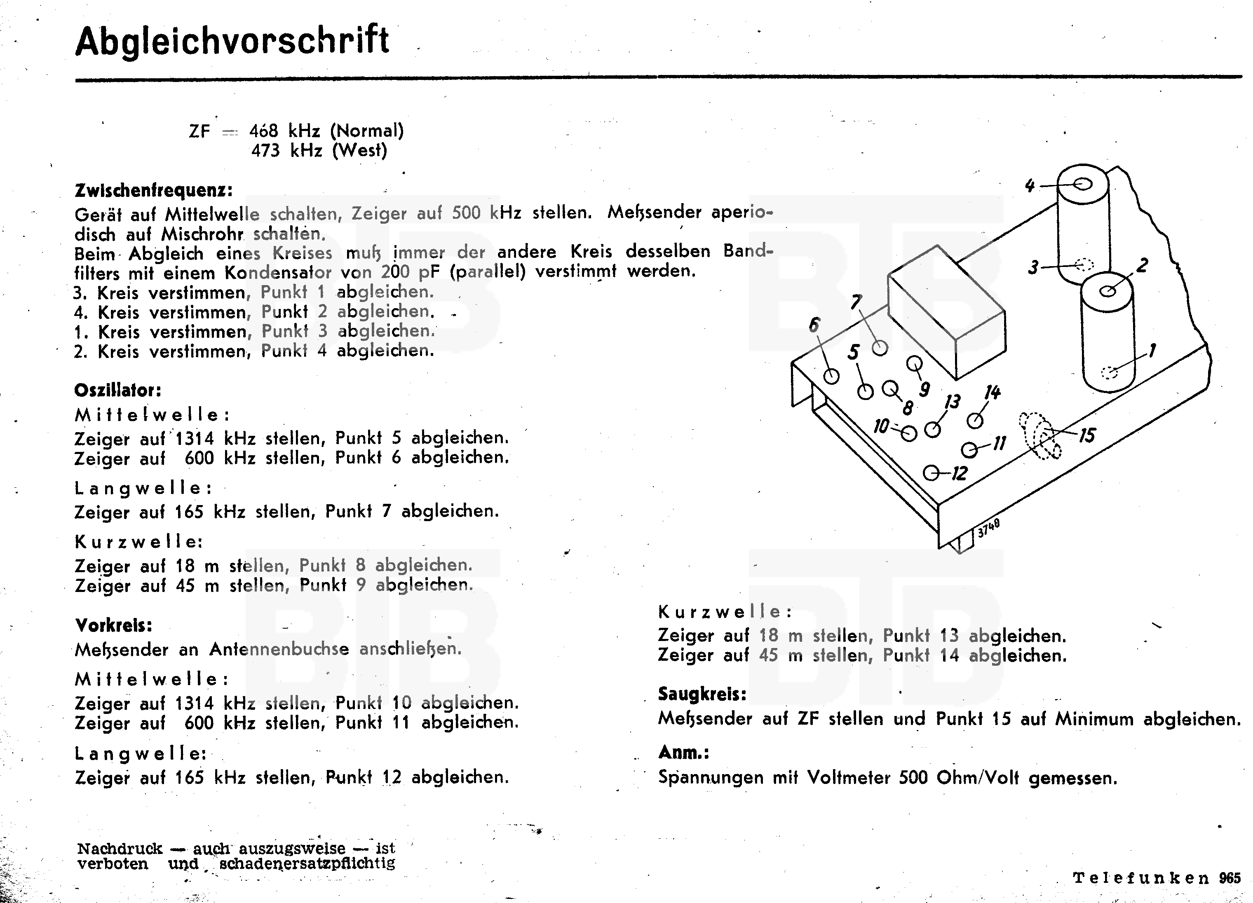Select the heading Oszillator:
point(118,391)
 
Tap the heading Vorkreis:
point(113,625)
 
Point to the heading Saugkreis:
point(702,694)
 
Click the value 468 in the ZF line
point(263,131)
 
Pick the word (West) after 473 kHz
point(360,150)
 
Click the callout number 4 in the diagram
point(1029,185)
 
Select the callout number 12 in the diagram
point(960,473)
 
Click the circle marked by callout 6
point(831,376)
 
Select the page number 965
point(1230,877)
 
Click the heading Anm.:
point(683,752)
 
